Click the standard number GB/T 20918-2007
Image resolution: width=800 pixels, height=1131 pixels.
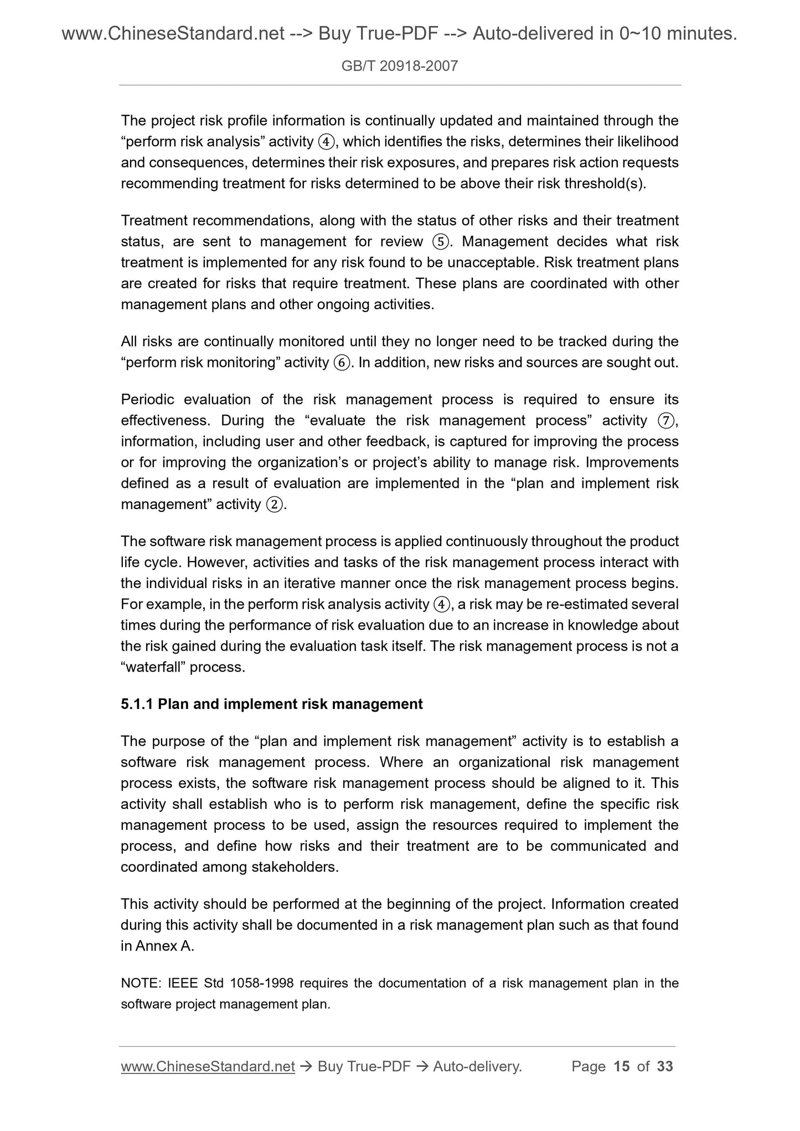[400, 66]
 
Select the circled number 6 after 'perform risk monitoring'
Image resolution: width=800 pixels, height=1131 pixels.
[342, 363]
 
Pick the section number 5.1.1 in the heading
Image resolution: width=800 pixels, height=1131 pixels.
[137, 704]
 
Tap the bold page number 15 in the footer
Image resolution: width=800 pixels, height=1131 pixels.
[622, 1066]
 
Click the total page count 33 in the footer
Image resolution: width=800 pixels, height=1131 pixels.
[664, 1066]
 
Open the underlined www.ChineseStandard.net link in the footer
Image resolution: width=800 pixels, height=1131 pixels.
[208, 1066]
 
